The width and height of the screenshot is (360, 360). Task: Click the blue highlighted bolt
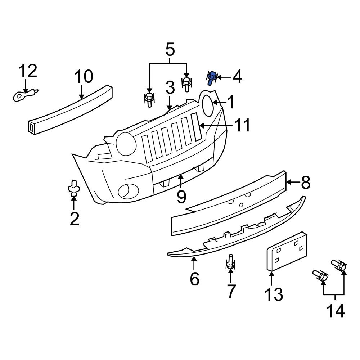pos(212,77)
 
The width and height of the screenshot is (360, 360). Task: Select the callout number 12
pos(28,71)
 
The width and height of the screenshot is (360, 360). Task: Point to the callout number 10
pos(84,77)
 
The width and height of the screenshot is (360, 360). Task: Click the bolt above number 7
pos(230,262)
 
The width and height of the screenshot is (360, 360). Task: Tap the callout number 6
pos(194,279)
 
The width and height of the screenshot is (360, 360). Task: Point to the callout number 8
pos(305,183)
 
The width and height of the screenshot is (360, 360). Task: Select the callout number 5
pos(170,50)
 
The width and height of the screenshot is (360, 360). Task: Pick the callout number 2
pos(74,219)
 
